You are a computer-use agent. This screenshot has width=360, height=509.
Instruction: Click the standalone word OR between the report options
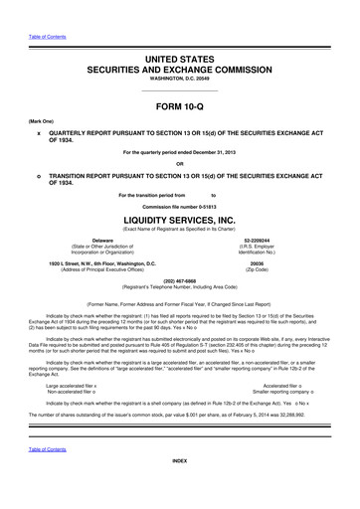180,164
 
